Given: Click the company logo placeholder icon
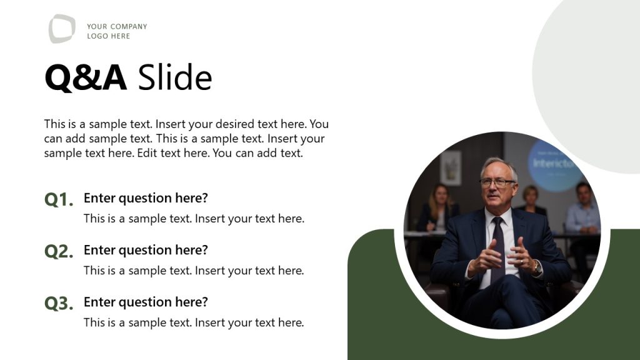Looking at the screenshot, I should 62,29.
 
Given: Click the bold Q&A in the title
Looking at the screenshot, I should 86,78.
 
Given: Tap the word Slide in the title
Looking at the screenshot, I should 175,78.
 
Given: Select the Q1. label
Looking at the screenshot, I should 59,200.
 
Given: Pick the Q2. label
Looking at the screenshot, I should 59,252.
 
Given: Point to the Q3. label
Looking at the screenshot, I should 59,304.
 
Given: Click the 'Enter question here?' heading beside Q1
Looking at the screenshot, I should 146,198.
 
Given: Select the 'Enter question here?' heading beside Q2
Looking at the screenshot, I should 146,250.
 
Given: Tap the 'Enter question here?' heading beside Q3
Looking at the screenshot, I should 146,302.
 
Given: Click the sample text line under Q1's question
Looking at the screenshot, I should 194,219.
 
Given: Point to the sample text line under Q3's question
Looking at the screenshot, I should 194,322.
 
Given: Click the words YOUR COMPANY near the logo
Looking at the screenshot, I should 117,26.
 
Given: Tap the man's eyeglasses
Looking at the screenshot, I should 497,182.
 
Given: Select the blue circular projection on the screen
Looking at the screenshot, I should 553,164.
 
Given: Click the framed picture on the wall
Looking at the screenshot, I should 450,167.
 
